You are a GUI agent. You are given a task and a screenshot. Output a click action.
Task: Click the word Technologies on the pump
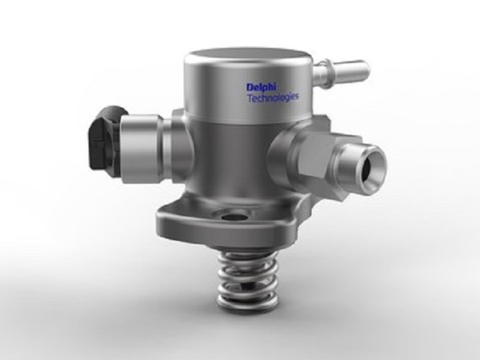click(x=272, y=97)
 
